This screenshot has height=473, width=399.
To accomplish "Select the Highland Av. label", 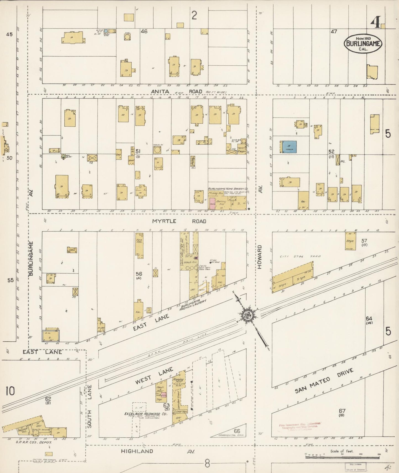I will (158, 451).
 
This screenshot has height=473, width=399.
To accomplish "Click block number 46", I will (144, 31).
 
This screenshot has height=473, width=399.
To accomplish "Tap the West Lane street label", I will (154, 376).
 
